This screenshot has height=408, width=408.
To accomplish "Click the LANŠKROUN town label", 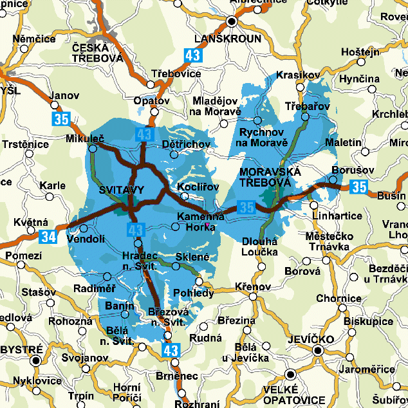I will tap(232, 39).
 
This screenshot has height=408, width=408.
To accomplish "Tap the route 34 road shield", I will tap(48, 236).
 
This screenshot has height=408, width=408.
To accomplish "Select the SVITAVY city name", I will tap(122, 190).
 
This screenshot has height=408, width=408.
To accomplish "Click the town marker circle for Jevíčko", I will tap(317, 350).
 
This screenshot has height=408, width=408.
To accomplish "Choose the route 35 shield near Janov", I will tap(62, 118).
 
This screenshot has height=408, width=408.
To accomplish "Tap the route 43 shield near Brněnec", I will tap(171, 351).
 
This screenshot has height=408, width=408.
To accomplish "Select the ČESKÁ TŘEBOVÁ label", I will tap(97, 53).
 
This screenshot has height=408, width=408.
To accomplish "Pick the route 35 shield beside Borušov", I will tap(360, 187).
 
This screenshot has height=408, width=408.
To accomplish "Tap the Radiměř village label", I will tap(95, 288).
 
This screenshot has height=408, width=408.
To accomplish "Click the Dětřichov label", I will tap(187, 144).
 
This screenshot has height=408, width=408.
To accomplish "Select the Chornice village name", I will tap(338, 299).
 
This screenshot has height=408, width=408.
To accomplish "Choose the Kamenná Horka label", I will tap(201, 221).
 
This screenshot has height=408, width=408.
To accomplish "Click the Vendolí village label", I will tap(86, 239).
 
